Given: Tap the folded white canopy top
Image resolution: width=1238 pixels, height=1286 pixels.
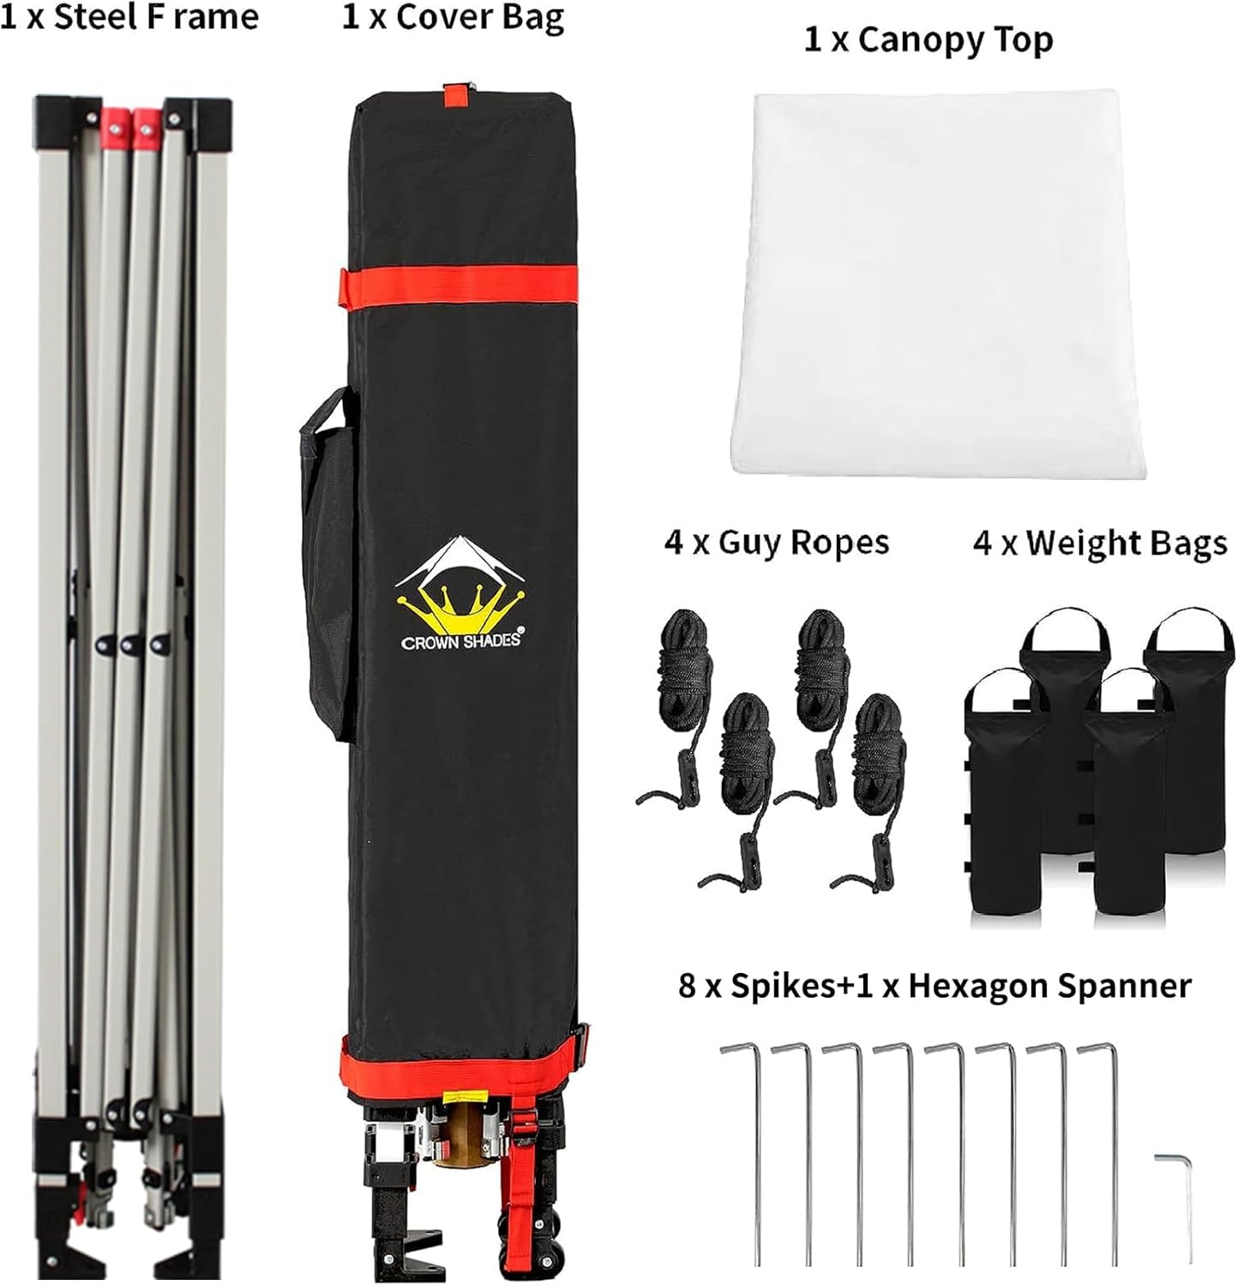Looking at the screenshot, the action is tap(938, 283).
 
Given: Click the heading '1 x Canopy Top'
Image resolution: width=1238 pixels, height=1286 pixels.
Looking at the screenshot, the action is tap(928, 40).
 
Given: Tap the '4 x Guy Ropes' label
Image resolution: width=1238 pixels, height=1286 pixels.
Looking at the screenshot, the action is tap(777, 543).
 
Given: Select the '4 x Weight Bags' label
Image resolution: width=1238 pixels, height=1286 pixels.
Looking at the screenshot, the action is tap(1100, 543).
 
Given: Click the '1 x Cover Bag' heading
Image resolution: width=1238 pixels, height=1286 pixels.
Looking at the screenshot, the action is tap(453, 17).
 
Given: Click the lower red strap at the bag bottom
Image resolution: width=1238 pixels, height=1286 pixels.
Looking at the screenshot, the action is tap(463, 1067).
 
